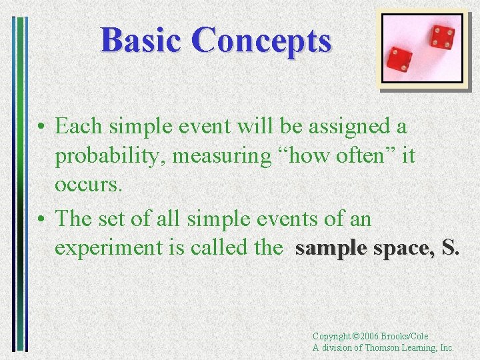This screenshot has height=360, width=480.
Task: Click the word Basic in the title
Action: pos(141,40)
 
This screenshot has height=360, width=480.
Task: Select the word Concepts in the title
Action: pos(261,40)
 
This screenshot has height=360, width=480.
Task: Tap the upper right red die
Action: pos(441,36)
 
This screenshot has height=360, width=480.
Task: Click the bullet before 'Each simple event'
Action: pos(41,127)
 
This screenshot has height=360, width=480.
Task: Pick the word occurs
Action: pos(89,185)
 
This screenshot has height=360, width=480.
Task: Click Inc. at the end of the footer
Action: pos(446,347)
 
